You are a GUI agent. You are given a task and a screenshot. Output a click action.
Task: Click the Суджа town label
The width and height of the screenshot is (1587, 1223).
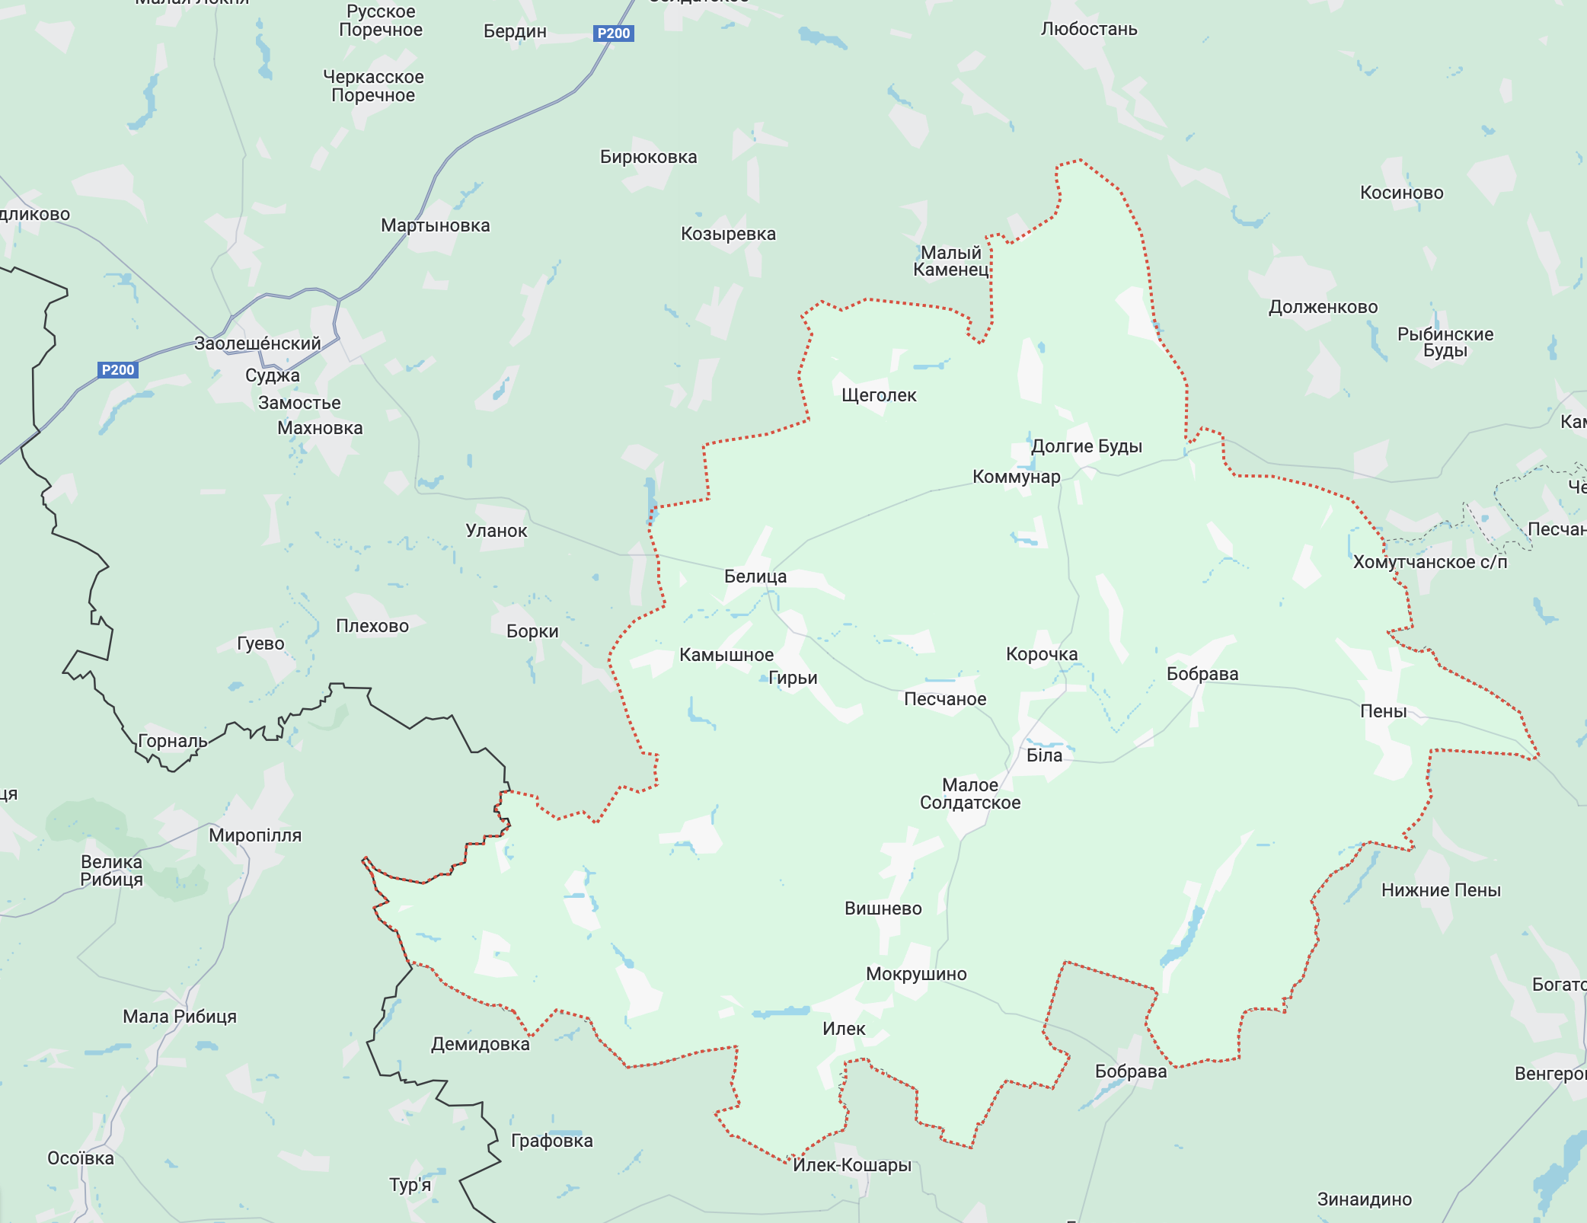point(273,375)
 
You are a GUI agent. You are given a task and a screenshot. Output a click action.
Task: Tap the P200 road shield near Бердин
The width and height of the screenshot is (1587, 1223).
point(614,34)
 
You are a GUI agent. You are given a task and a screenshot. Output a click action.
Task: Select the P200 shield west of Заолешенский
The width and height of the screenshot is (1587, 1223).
point(118,370)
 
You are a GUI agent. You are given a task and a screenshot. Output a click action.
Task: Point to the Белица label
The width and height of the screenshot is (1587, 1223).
point(755,576)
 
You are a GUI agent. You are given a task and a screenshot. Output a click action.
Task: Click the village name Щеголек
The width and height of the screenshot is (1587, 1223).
point(879,395)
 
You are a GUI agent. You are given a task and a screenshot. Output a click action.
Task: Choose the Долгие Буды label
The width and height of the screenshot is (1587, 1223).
point(1087,446)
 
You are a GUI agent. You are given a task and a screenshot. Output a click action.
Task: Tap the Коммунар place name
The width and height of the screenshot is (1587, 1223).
point(1017,477)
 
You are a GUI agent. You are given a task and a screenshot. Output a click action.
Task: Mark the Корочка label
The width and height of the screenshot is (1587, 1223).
point(1042,654)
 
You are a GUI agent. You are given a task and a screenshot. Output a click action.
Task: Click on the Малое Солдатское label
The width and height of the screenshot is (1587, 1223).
point(970,794)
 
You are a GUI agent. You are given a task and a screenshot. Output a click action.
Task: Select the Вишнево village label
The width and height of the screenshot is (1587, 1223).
point(883,908)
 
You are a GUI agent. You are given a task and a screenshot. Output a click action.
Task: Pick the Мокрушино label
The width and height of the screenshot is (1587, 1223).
point(916,974)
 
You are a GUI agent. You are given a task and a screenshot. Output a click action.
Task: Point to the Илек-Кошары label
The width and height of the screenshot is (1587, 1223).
point(852,1165)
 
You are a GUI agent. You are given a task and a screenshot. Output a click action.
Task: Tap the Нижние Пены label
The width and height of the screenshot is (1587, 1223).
point(1441,890)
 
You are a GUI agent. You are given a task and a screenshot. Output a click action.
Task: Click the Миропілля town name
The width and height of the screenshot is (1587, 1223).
point(255,835)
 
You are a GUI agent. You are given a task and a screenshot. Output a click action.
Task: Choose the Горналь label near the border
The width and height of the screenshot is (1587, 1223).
point(173,741)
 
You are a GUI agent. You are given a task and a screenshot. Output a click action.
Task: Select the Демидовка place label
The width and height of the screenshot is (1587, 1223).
point(481,1044)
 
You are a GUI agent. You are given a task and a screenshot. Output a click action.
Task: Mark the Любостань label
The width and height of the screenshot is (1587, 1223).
point(1089,29)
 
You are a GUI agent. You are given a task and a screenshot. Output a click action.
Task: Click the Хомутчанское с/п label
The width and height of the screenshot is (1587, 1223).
point(1430,562)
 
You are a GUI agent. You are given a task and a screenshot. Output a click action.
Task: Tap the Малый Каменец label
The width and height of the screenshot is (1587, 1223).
point(951,261)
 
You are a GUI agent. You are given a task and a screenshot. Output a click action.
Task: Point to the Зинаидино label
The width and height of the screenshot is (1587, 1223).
point(1365,1199)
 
